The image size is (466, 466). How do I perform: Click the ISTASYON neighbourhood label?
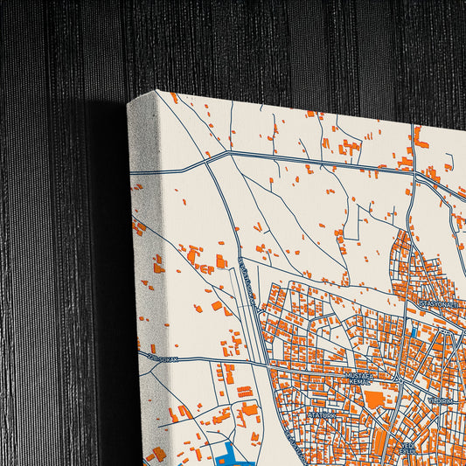pos(435,303)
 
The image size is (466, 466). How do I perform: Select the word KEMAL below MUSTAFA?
pos(341,382)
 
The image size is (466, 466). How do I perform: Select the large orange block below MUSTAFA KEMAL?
pos(373,400)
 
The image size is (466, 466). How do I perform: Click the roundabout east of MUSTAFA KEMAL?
pos(398,379)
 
